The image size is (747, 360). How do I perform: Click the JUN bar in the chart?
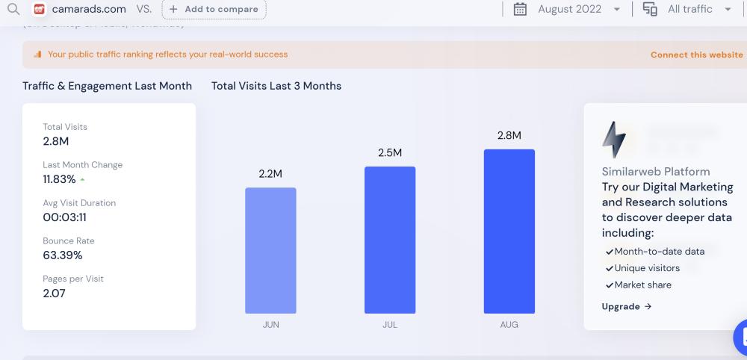[x=270, y=250]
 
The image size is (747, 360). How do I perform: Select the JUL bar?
[x=390, y=240]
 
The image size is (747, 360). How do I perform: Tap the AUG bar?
[x=509, y=232]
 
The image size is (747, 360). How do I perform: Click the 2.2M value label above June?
[x=270, y=173]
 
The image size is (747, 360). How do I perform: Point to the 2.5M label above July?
[x=390, y=152]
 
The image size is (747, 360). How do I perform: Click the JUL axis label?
[x=390, y=325]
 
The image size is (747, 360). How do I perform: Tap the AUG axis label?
[x=509, y=325]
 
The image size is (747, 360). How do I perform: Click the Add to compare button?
[x=214, y=10]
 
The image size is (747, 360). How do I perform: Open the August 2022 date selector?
[x=568, y=10]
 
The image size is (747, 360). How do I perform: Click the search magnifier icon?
[x=13, y=10]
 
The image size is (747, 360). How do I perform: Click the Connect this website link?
[x=696, y=55]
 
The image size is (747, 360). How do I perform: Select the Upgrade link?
[x=626, y=306]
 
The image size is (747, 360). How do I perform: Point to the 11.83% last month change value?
[x=60, y=179]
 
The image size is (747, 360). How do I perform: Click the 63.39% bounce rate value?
[x=63, y=255]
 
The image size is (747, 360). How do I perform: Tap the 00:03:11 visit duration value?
[x=64, y=217]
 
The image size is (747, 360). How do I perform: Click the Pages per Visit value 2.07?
[x=55, y=294]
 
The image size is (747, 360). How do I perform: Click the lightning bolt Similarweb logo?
[x=614, y=139]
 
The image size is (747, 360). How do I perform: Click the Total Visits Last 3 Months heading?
[x=276, y=86]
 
